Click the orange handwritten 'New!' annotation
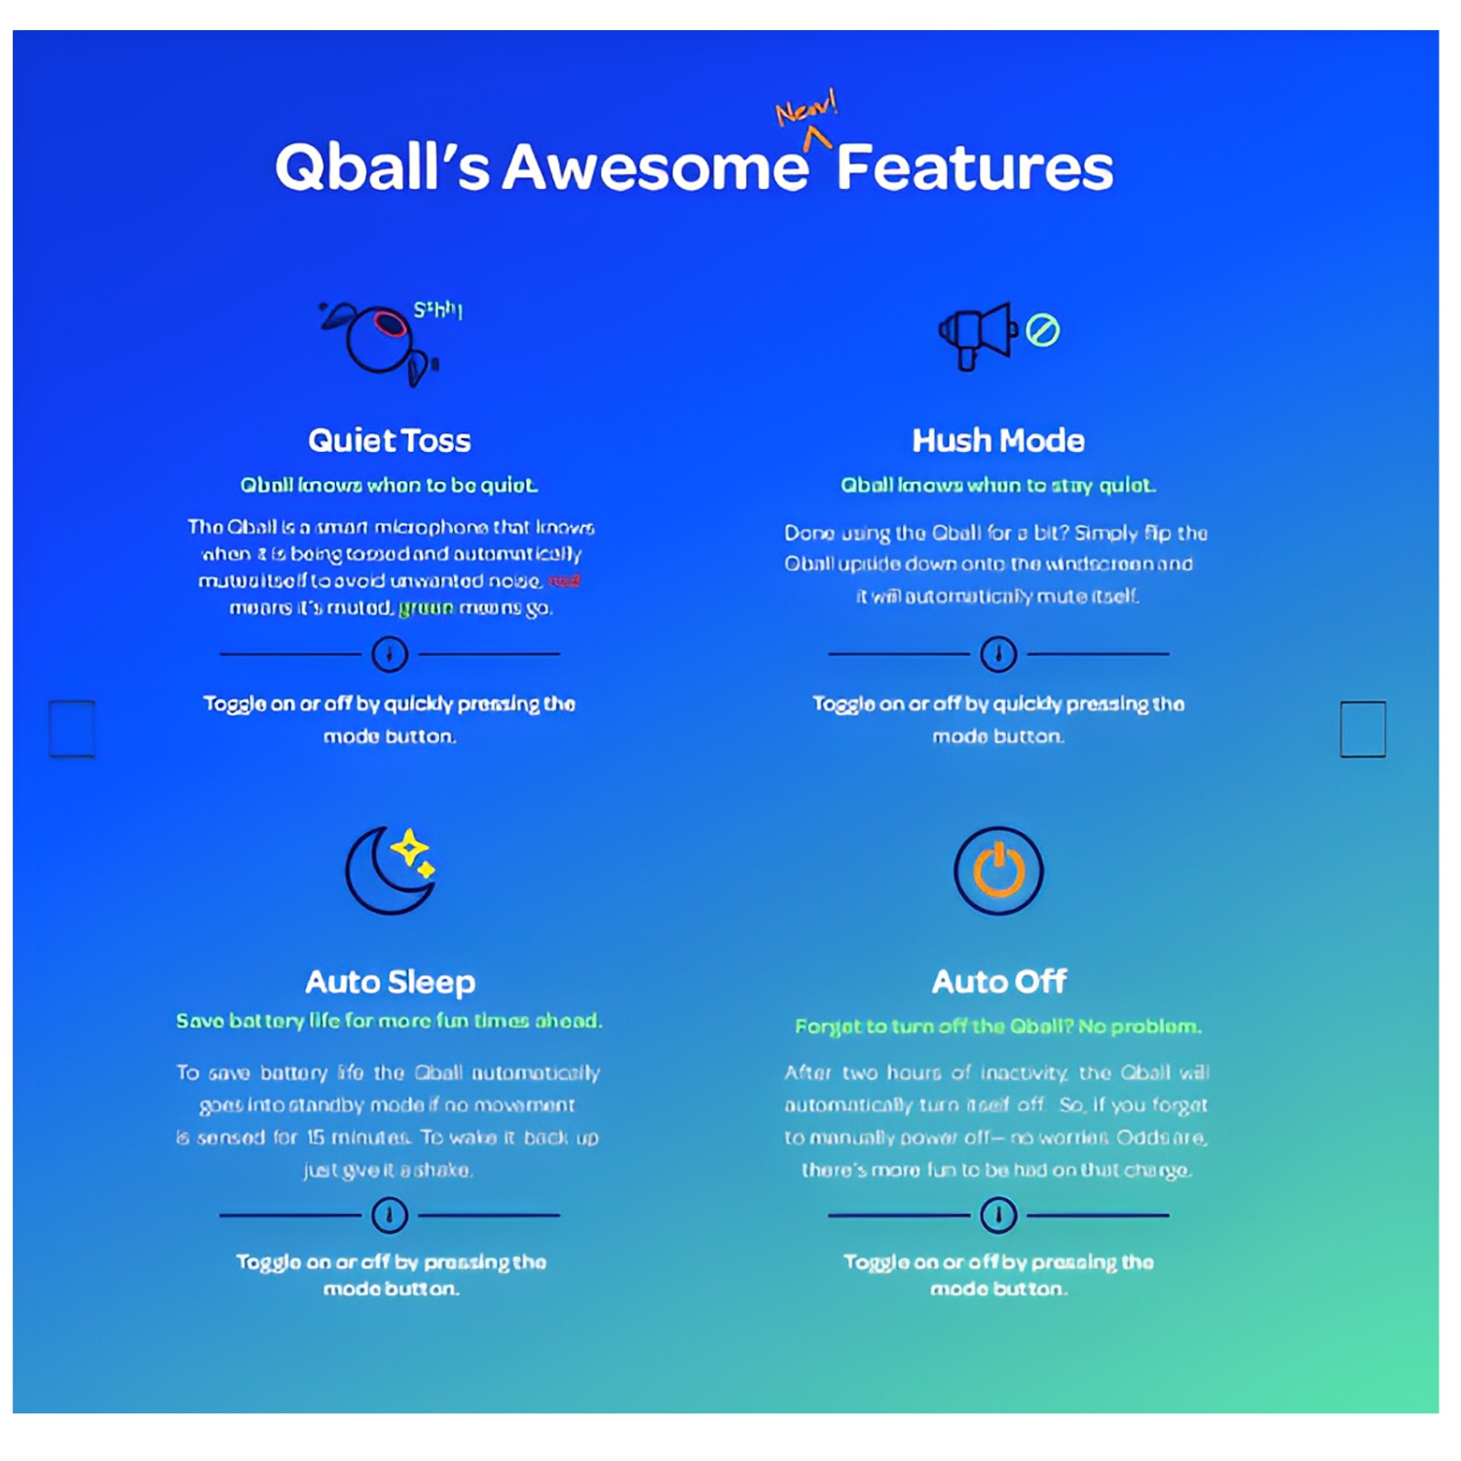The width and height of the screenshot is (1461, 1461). click(805, 110)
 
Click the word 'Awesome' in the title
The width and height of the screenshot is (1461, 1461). click(655, 168)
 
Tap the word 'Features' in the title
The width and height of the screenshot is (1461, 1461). click(974, 168)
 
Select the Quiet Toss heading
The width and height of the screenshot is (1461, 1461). click(389, 440)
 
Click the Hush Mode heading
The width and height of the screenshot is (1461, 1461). click(997, 440)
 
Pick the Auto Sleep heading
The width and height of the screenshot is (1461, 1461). click(390, 981)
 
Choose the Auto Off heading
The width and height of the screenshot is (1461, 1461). click(998, 981)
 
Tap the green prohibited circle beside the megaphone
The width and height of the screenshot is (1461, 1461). click(1042, 330)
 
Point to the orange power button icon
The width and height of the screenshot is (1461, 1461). click(998, 870)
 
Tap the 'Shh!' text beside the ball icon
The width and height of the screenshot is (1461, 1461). click(437, 310)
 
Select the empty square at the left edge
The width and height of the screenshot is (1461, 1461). click(72, 728)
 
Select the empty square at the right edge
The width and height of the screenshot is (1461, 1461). click(1362, 728)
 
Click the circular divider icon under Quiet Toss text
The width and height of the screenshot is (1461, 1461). click(390, 654)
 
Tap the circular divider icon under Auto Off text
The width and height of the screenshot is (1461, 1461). click(998, 1215)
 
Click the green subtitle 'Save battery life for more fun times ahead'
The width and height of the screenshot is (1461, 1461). click(389, 1021)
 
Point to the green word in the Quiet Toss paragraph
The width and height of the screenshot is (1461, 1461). click(426, 608)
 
